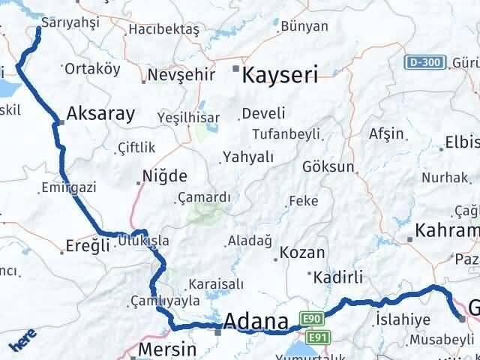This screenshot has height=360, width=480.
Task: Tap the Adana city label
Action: point(256,323)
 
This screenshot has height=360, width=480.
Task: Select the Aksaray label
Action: point(100,114)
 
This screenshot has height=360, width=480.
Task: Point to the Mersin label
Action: point(166,349)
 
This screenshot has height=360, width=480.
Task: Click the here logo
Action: point(20,343)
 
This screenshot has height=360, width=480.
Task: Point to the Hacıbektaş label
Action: point(163,29)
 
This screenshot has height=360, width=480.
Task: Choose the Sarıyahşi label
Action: point(70,23)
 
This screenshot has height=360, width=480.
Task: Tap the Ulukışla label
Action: point(143,241)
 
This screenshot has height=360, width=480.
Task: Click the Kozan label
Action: point(303,253)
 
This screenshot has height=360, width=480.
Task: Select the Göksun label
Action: point(328,166)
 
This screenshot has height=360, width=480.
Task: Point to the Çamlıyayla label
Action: point(164,301)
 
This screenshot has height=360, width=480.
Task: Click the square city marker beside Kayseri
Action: point(235,69)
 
